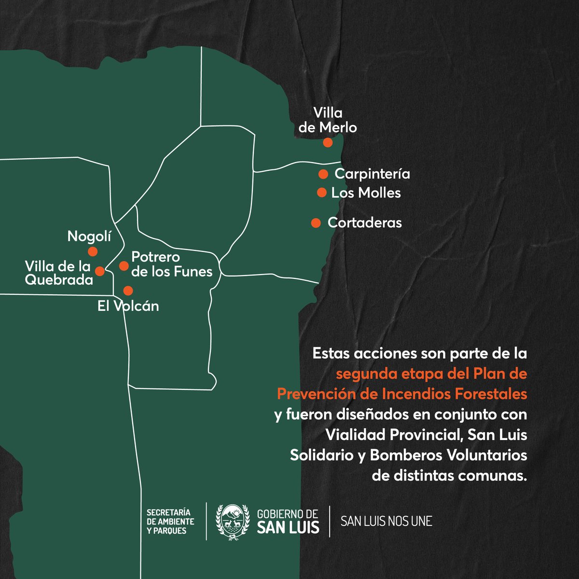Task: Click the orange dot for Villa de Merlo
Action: [x=328, y=142]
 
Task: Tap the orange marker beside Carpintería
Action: [x=323, y=174]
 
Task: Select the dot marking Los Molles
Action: [x=321, y=193]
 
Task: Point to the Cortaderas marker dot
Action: [x=316, y=222]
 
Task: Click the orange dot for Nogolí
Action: [x=92, y=251]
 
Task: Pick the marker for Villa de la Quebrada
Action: [x=100, y=271]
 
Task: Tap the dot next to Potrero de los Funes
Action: [x=124, y=266]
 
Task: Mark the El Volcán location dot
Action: [x=128, y=290]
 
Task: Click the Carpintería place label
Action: [x=372, y=174]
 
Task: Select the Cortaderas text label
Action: [x=364, y=223]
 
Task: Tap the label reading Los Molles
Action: [x=366, y=193]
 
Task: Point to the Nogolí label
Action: [x=89, y=236]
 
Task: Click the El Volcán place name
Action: [x=128, y=306]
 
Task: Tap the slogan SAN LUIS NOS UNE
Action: [x=386, y=522]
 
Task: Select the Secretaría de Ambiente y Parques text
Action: [x=170, y=521]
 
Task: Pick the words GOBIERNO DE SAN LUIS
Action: [x=288, y=521]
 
